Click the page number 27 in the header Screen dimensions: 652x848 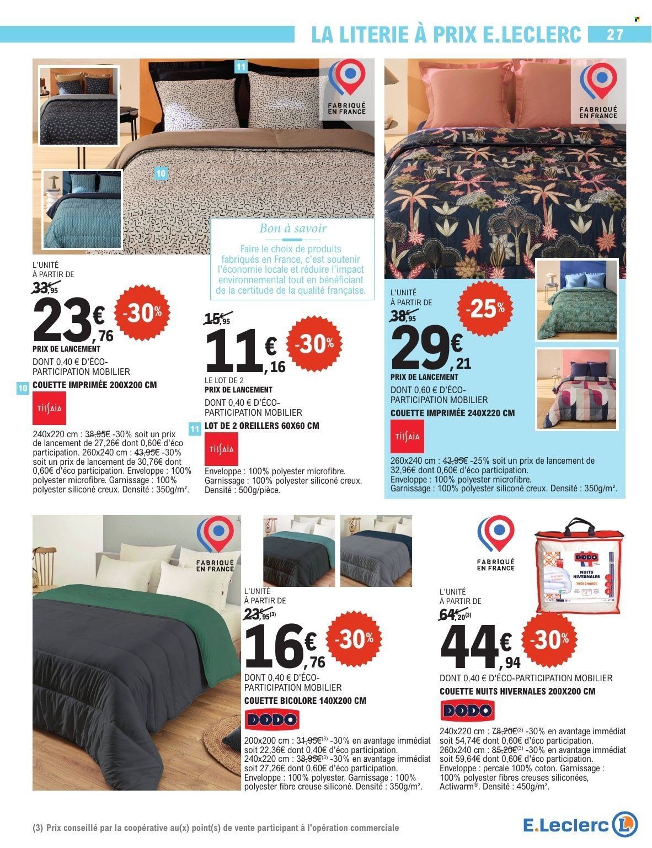[x=614, y=34]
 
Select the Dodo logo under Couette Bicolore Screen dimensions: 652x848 [x=271, y=720]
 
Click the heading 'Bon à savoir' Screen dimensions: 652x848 [x=293, y=227]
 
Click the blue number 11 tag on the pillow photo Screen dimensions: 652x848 [x=240, y=67]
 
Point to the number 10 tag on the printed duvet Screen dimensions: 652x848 [x=161, y=173]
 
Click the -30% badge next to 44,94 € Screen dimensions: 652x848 [x=552, y=640]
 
